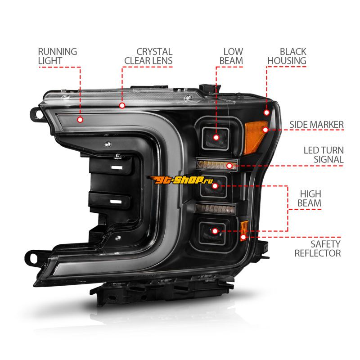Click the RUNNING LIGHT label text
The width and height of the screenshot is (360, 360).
point(58,56)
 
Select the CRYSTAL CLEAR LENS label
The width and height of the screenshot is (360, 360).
point(148,56)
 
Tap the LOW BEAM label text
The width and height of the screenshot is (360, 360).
point(231,56)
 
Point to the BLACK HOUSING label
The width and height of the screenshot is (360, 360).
point(287,56)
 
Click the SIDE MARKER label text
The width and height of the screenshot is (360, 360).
point(316,125)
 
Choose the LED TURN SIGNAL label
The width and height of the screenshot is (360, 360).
point(324,155)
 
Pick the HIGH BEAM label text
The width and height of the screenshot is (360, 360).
point(309,198)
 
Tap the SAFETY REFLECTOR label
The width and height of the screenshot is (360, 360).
point(318,249)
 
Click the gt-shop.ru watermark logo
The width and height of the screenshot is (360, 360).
point(181,180)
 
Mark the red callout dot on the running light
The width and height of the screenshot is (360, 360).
point(80,120)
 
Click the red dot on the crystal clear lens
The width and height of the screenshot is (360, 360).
point(122,106)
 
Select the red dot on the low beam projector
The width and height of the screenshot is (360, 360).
point(216,138)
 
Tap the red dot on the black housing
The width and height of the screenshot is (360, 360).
point(266,112)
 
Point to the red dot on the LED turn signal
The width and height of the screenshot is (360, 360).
point(229,166)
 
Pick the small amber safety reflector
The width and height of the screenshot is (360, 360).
point(244,230)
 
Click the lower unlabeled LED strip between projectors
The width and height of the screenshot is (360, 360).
point(216,208)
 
